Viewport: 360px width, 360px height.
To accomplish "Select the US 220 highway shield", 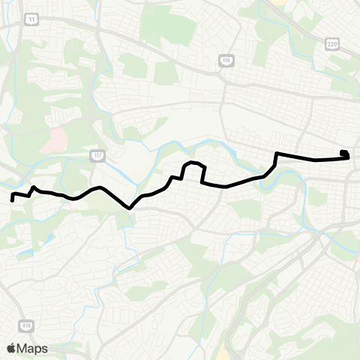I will pyautogui.click(x=332, y=45).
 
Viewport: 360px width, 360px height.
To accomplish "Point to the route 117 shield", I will pyautogui.click(x=97, y=155).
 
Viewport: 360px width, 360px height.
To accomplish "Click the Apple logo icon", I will pyautogui.click(x=10, y=349).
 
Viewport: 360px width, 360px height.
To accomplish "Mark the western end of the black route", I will pyautogui.click(x=12, y=200).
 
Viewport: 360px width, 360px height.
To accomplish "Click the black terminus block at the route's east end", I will pyautogui.click(x=344, y=154).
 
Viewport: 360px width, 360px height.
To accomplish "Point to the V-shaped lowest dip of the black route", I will pyautogui.click(x=130, y=208).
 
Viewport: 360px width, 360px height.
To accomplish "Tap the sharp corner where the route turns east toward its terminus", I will pyautogui.click(x=277, y=154).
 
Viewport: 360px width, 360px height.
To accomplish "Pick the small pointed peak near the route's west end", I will pyautogui.click(x=34, y=187).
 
